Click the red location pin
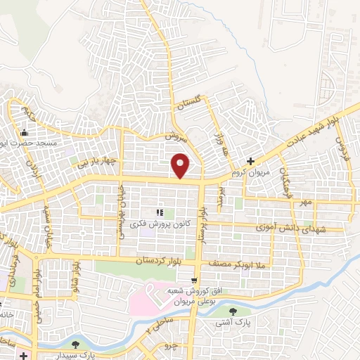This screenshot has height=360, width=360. click(181, 165)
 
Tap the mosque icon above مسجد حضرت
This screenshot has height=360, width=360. click(25, 133)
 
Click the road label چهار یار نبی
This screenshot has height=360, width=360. click(97, 163)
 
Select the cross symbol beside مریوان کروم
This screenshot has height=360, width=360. click(262, 161)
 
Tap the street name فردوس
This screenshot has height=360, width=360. click(342, 148)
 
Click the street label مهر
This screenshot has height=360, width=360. click(304, 202)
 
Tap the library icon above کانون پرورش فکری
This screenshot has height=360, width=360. click(160, 211)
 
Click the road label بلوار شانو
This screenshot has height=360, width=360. click(77, 276)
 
